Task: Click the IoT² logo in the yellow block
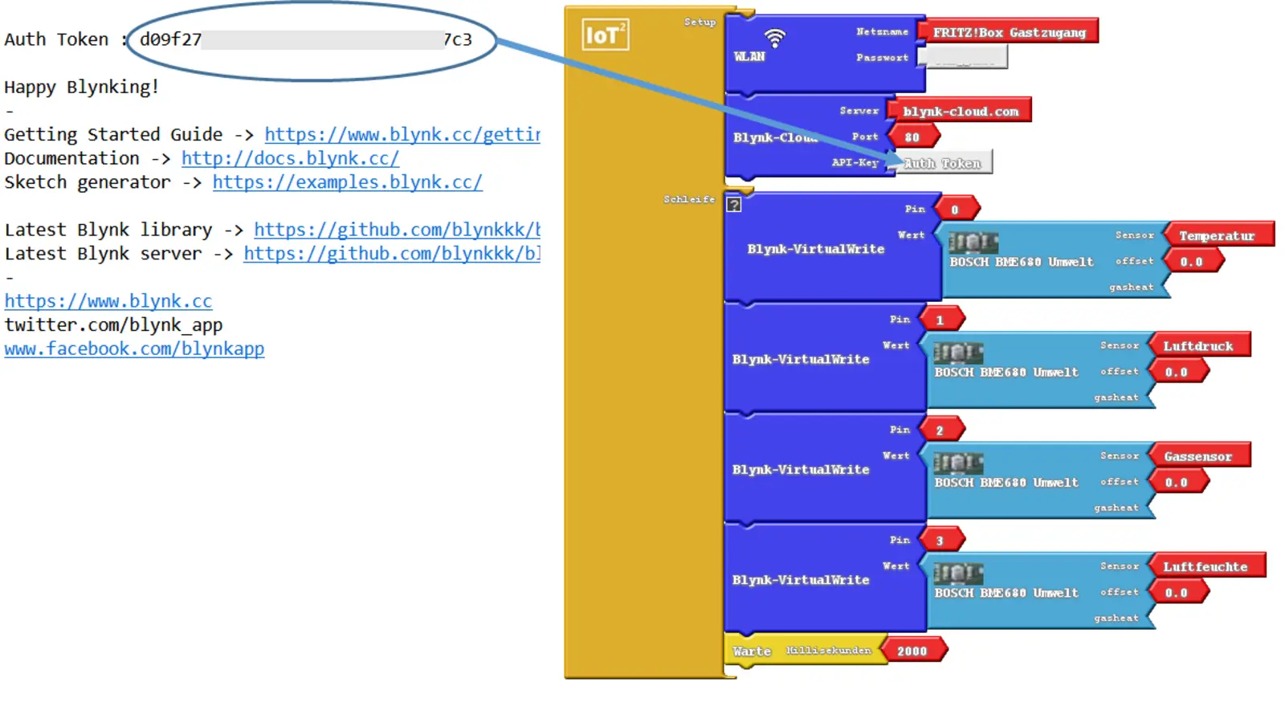pyautogui.click(x=605, y=35)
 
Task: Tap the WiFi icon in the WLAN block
pyautogui.click(x=774, y=37)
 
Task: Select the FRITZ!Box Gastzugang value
pyautogui.click(x=1010, y=32)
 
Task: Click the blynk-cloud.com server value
pyautogui.click(x=960, y=112)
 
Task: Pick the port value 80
pyautogui.click(x=912, y=137)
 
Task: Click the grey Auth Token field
pyautogui.click(x=943, y=163)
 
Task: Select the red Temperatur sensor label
pyautogui.click(x=1217, y=235)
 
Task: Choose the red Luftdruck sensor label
pyautogui.click(x=1198, y=346)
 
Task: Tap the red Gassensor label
pyautogui.click(x=1197, y=456)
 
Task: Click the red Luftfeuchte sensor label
pyautogui.click(x=1205, y=567)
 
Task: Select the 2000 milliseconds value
pyautogui.click(x=912, y=651)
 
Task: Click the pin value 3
pyautogui.click(x=940, y=541)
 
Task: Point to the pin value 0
pyautogui.click(x=955, y=210)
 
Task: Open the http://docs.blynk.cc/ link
pyautogui.click(x=290, y=158)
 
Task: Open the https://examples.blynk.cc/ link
pyautogui.click(x=347, y=182)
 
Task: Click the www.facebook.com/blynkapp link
pyautogui.click(x=134, y=349)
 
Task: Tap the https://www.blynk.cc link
pyautogui.click(x=108, y=301)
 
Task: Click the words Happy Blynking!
pyautogui.click(x=81, y=87)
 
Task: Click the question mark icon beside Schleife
pyautogui.click(x=734, y=205)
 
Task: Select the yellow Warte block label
pyautogui.click(x=752, y=651)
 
